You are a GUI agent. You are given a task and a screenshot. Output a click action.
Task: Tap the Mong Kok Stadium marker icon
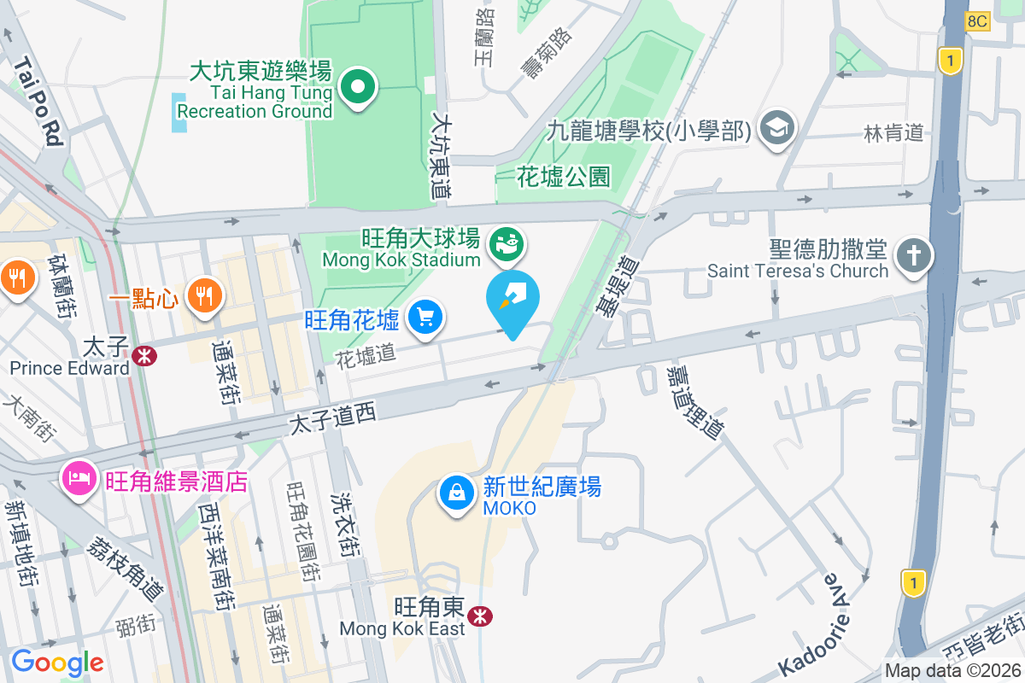tap(507, 243)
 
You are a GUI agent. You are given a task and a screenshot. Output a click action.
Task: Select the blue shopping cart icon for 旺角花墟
tap(425, 318)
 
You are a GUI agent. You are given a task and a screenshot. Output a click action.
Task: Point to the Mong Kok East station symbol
tap(480, 615)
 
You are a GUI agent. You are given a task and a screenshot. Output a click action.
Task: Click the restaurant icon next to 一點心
tap(203, 296)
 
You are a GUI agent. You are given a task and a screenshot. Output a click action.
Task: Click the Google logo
tap(57, 662)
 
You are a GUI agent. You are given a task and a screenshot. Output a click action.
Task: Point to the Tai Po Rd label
tap(39, 102)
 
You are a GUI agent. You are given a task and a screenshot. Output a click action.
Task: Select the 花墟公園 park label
tap(564, 177)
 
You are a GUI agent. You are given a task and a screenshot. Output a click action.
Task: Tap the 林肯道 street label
tap(894, 132)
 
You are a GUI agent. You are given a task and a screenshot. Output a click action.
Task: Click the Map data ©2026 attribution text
tap(952, 671)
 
